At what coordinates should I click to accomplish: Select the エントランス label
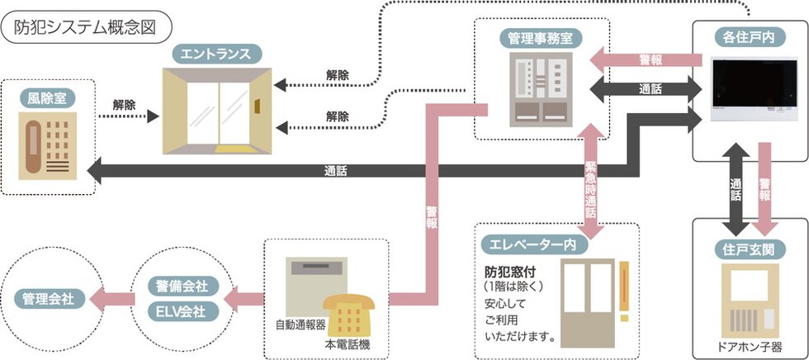click(x=218, y=55)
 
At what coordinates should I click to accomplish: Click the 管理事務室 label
click(x=541, y=37)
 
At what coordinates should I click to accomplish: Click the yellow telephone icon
click(x=349, y=313)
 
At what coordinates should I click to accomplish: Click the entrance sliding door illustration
click(x=218, y=111)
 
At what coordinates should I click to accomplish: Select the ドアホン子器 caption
click(x=750, y=347)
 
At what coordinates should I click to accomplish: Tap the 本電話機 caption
click(x=348, y=343)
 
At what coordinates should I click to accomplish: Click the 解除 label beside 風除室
click(x=125, y=106)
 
